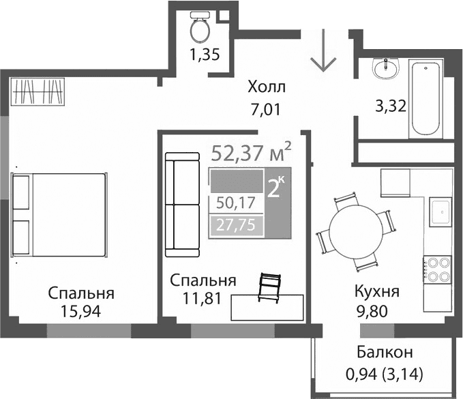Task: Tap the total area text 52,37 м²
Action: (252, 151)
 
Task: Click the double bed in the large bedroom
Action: (59, 215)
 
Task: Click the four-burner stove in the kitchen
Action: (436, 267)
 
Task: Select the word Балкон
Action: (385, 353)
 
